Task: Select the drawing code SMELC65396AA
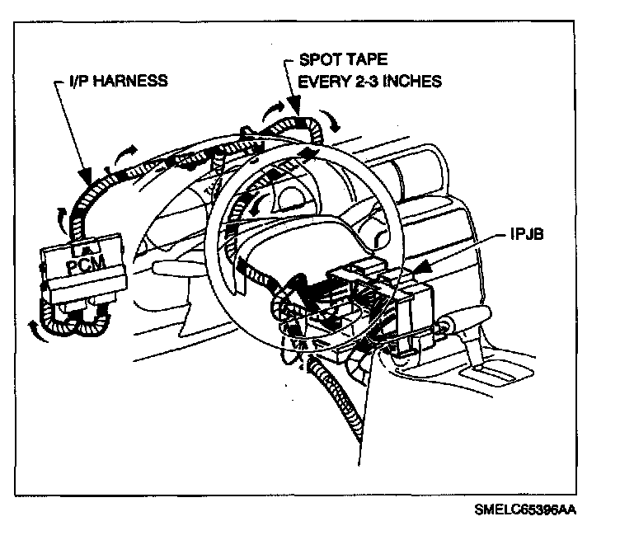point(525,509)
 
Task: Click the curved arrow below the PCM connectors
point(33,329)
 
